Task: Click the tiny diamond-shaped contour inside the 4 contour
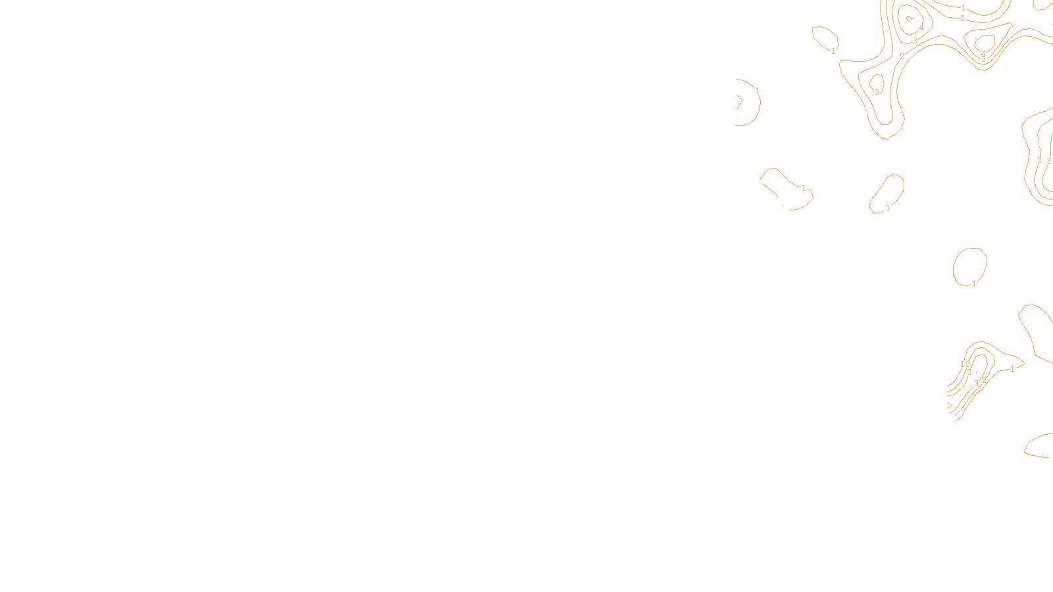910,19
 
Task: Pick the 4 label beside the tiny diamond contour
921,28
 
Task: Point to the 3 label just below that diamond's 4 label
915,40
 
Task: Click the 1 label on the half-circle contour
758,91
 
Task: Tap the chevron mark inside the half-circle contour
739,101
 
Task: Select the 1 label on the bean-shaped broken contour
804,188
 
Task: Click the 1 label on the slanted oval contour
888,208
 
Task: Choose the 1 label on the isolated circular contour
975,284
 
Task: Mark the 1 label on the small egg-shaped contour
833,51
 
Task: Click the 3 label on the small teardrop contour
877,92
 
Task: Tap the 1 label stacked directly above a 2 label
963,8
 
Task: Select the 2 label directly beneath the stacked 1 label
962,18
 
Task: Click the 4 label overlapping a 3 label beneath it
983,53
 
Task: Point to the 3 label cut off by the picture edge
1048,160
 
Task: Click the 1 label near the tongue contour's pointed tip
1012,369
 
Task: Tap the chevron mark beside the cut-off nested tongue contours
949,405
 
